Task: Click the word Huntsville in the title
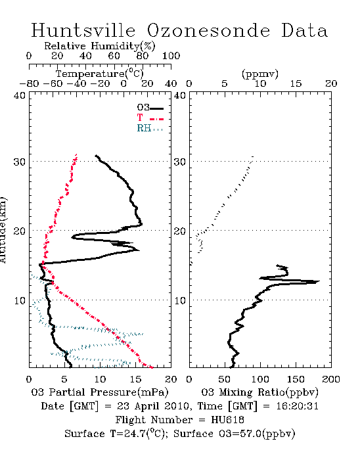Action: (83, 30)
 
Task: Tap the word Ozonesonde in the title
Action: (208, 30)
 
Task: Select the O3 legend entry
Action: (150, 108)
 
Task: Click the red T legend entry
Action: (150, 118)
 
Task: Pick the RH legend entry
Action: (150, 128)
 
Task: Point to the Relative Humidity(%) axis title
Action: (100, 46)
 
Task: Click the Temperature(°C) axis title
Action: (100, 74)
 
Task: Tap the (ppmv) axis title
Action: (260, 74)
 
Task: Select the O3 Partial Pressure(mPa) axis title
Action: (100, 392)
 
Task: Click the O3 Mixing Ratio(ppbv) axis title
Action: (259, 392)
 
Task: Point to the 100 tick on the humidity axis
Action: (171, 56)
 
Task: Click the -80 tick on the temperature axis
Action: (29, 84)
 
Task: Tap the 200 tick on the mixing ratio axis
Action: (331, 379)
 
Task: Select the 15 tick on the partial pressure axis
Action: (135, 379)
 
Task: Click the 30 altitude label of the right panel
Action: (180, 162)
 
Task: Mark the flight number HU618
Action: (227, 420)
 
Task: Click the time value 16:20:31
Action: (297, 406)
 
